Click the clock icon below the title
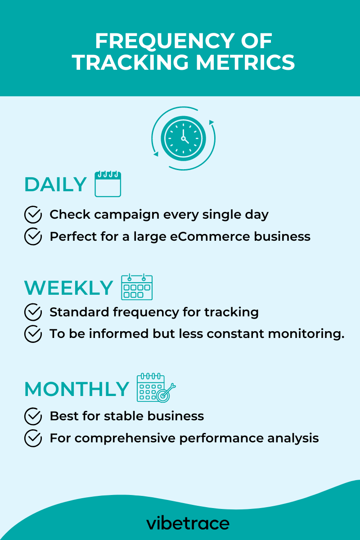pyautogui.click(x=183, y=138)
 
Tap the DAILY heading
pyautogui.click(x=55, y=184)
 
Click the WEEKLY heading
pyautogui.click(x=68, y=288)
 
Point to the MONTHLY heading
pyautogui.click(x=76, y=389)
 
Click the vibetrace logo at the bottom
pyautogui.click(x=188, y=523)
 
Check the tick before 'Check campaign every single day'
pyautogui.click(x=33, y=215)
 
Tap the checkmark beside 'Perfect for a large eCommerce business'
pyautogui.click(x=33, y=236)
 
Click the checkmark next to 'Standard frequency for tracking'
pyautogui.click(x=33, y=312)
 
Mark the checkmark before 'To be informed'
pyautogui.click(x=33, y=334)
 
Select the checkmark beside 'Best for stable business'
pyautogui.click(x=33, y=416)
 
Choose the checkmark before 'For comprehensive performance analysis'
pyautogui.click(x=33, y=438)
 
